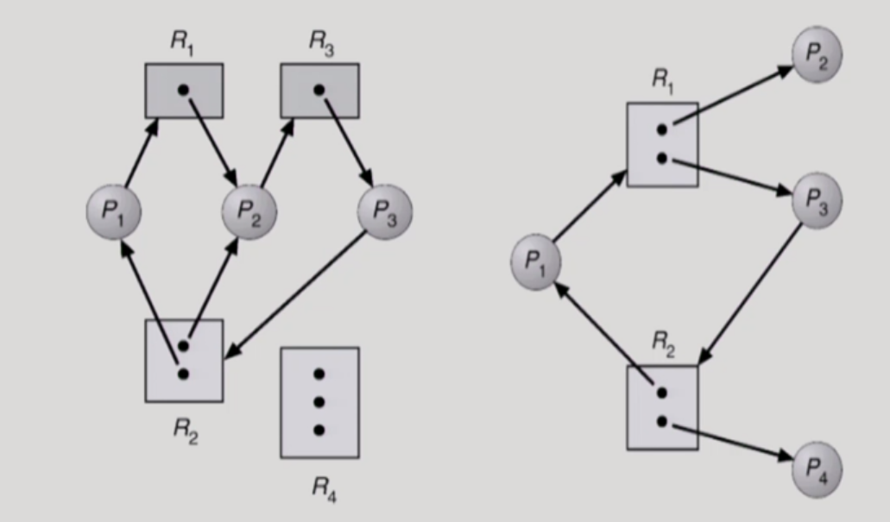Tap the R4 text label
tap(322, 487)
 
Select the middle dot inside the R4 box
tap(319, 402)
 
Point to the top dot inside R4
tap(319, 374)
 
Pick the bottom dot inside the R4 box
tap(319, 430)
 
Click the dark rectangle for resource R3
tap(319, 91)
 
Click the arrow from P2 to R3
tap(276, 152)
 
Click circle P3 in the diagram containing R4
tap(384, 211)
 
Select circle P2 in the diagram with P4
tap(817, 57)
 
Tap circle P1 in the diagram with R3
tap(114, 211)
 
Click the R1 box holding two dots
tap(662, 144)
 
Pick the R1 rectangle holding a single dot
tap(183, 91)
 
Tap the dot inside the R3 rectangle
tap(319, 89)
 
